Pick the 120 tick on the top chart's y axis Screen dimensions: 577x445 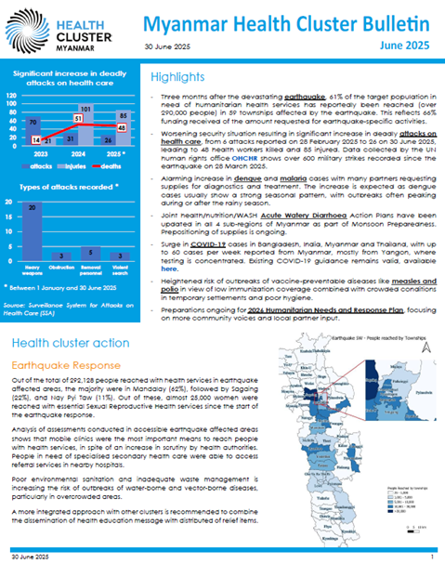pyautogui.click(x=13, y=95)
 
